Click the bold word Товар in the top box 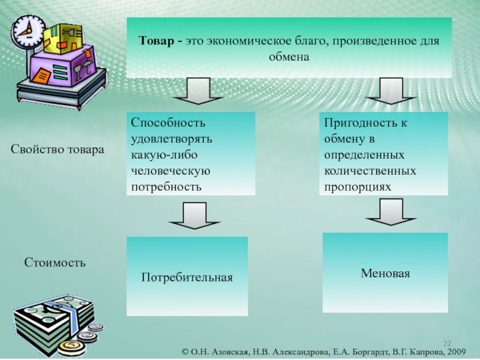coord(154,42)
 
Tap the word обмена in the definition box coord(289,58)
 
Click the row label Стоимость coord(55,262)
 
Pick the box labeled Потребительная coord(187,277)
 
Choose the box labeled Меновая coord(385,273)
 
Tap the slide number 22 coord(447,341)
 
